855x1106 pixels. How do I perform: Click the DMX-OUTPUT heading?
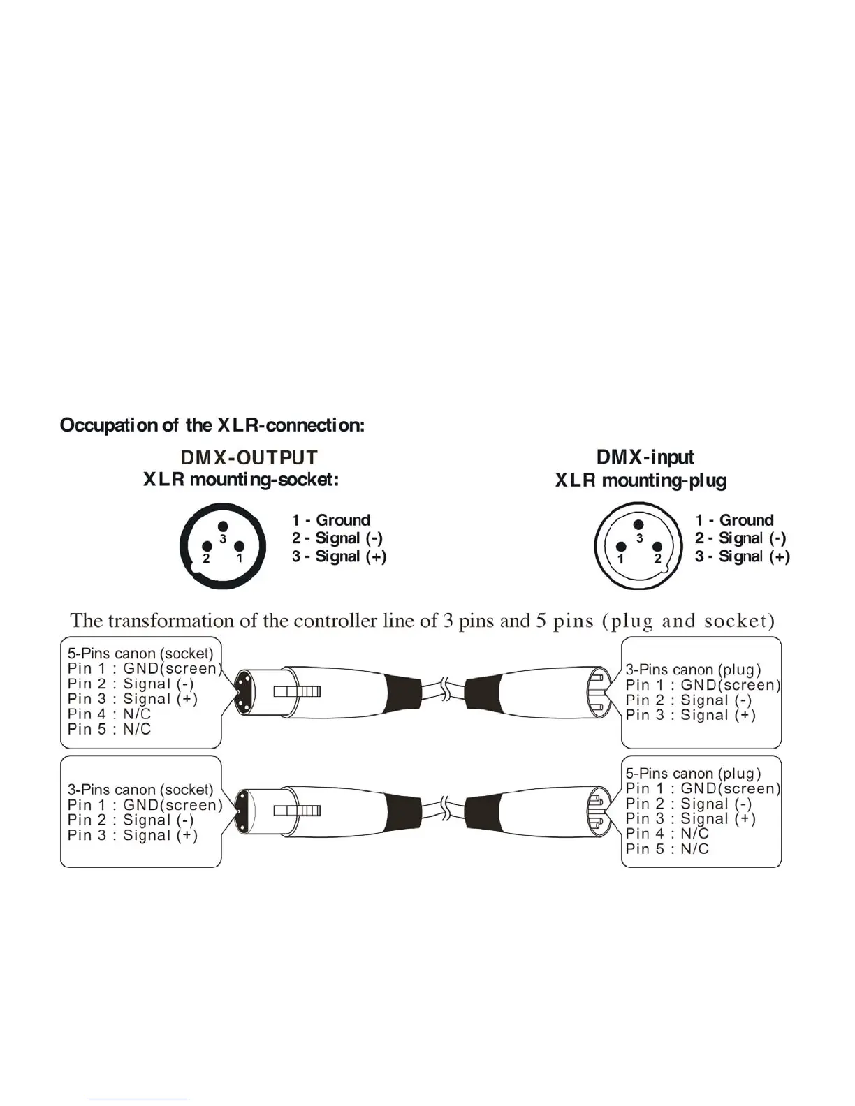(249, 457)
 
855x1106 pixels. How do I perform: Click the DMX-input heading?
(645, 457)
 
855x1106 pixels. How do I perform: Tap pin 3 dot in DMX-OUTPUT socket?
(223, 526)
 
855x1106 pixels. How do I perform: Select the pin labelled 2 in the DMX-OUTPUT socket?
(207, 547)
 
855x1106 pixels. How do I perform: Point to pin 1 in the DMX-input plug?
(621, 547)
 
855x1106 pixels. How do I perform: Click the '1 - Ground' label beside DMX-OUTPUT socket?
(331, 520)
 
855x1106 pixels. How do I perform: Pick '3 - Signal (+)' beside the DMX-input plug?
(743, 556)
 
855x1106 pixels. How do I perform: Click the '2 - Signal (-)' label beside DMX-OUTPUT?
(337, 538)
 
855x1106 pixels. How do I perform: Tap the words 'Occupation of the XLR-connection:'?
(212, 425)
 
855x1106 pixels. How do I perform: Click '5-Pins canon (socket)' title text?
(140, 654)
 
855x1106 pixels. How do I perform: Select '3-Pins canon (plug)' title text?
(693, 670)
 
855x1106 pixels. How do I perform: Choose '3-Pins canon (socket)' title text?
(140, 790)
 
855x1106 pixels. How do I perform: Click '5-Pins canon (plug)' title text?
(693, 774)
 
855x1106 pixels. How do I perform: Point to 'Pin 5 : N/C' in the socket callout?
(109, 729)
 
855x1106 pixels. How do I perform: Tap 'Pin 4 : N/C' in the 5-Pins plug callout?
(667, 834)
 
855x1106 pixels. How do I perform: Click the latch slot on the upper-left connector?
(297, 692)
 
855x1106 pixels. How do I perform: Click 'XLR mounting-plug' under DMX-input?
(641, 480)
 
